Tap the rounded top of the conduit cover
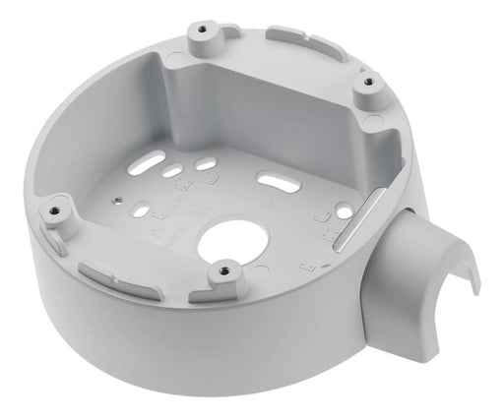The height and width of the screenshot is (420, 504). tap(413, 230)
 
